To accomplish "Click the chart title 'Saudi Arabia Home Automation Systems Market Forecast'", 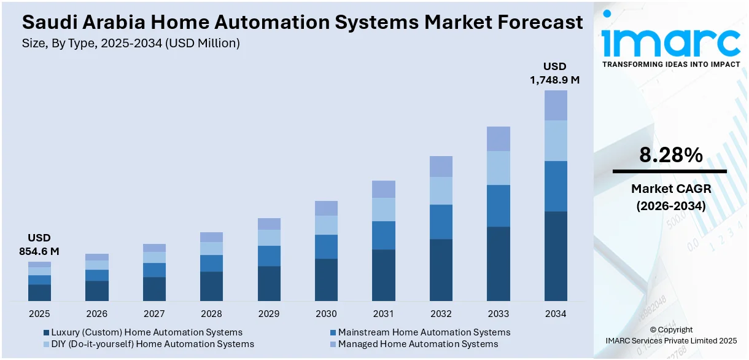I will click(x=302, y=23).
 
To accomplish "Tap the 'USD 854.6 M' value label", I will click(x=39, y=245).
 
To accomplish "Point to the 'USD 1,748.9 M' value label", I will click(x=555, y=73).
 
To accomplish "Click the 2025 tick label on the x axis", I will click(x=39, y=314).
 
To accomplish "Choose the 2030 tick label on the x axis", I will click(x=326, y=314).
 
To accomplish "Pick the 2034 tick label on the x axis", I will click(x=556, y=314).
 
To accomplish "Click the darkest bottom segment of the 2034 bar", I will click(x=556, y=256).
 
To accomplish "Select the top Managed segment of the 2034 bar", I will click(x=556, y=105).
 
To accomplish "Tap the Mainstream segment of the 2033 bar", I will click(x=499, y=206).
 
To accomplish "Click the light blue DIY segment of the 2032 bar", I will click(x=441, y=190).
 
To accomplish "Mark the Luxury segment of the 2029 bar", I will click(x=269, y=283).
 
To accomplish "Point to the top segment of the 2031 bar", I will click(x=384, y=189).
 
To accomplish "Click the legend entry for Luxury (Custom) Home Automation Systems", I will click(x=146, y=332).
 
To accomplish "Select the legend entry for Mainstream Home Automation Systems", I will click(x=424, y=332).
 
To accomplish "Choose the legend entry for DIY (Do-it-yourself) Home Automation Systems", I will click(x=152, y=344).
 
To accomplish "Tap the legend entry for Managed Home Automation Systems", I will click(x=417, y=344).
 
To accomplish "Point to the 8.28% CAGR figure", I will click(x=670, y=155).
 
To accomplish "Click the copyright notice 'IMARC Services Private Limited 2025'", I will click(x=670, y=340).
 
